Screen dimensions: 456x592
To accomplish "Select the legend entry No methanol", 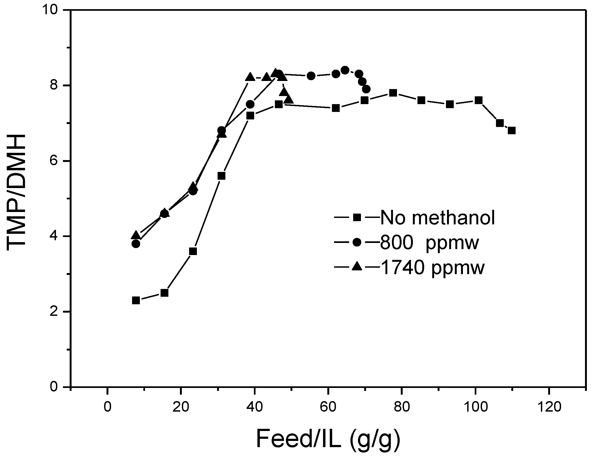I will [438, 218].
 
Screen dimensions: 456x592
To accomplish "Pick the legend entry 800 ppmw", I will [429, 243].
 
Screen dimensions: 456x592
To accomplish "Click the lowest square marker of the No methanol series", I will [136, 301].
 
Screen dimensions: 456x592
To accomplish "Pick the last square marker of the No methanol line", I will [512, 131].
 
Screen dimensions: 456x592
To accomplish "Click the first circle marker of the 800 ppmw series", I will [136, 244].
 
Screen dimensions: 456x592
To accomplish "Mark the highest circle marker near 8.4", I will [345, 70].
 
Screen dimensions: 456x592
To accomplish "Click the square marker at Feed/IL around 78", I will [393, 93].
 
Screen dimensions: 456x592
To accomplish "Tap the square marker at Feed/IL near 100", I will [478, 100].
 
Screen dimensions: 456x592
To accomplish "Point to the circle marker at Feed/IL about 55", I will [311, 76].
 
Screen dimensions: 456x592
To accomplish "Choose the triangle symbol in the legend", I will [357, 267].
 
